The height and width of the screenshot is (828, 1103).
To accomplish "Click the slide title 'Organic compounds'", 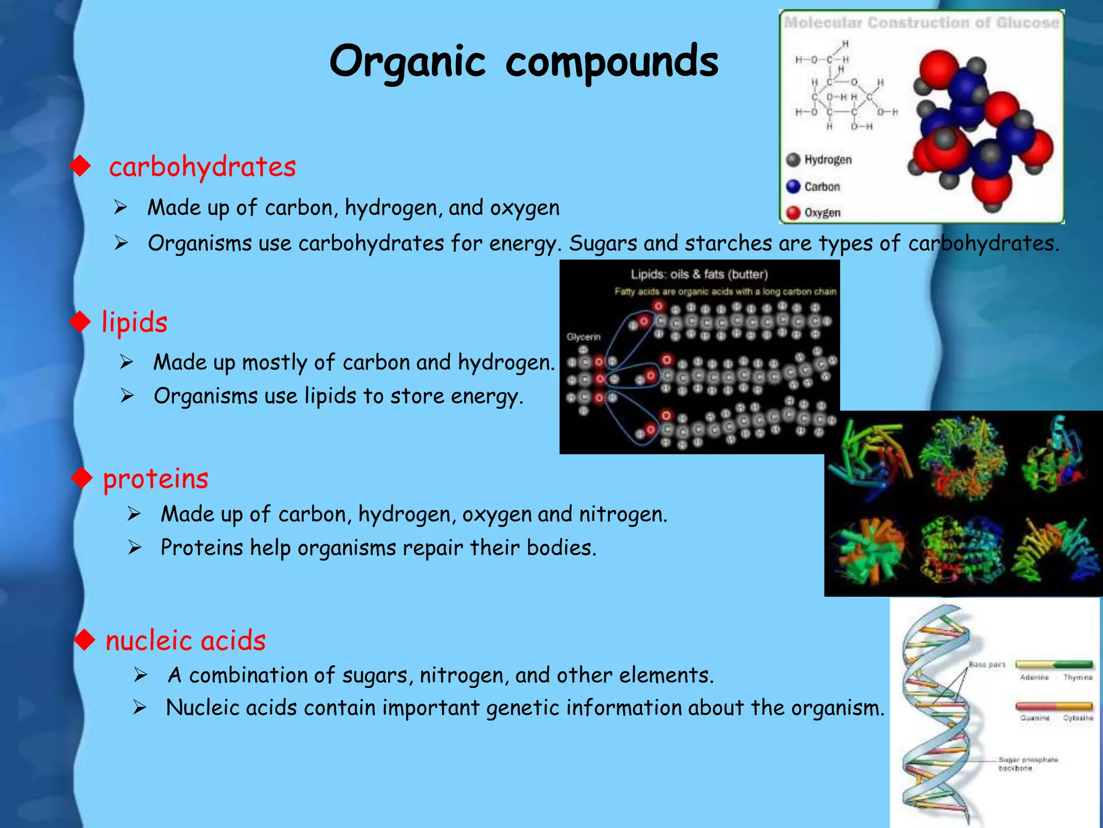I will click(x=523, y=61).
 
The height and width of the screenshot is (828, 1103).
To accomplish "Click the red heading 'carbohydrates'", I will click(x=203, y=167).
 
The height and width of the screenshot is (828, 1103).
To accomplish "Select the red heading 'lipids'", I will click(x=135, y=322).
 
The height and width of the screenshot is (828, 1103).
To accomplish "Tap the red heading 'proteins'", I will click(x=156, y=479).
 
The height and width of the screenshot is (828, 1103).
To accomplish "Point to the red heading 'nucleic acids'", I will click(x=186, y=640).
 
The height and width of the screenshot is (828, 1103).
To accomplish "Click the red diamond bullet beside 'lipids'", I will click(x=80, y=322).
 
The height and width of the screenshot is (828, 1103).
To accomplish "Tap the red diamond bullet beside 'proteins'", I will click(x=82, y=478).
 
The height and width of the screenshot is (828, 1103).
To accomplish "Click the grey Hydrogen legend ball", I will click(x=793, y=160).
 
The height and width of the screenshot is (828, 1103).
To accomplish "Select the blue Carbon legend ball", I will click(x=793, y=187).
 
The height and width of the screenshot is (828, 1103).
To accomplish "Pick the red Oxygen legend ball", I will click(x=793, y=213).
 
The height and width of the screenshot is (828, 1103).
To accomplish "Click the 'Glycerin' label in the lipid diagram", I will click(x=583, y=337).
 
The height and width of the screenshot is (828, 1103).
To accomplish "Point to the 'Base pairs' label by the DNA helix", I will click(x=987, y=665).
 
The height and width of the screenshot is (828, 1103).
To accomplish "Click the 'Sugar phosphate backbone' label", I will click(x=1028, y=764).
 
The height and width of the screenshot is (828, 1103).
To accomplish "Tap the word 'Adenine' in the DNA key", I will click(x=1034, y=678).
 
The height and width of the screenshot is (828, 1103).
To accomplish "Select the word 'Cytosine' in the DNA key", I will click(x=1078, y=718).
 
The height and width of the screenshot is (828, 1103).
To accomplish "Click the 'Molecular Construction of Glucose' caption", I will click(x=922, y=23).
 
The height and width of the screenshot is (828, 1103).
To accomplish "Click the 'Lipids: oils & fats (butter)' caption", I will click(x=699, y=274).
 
